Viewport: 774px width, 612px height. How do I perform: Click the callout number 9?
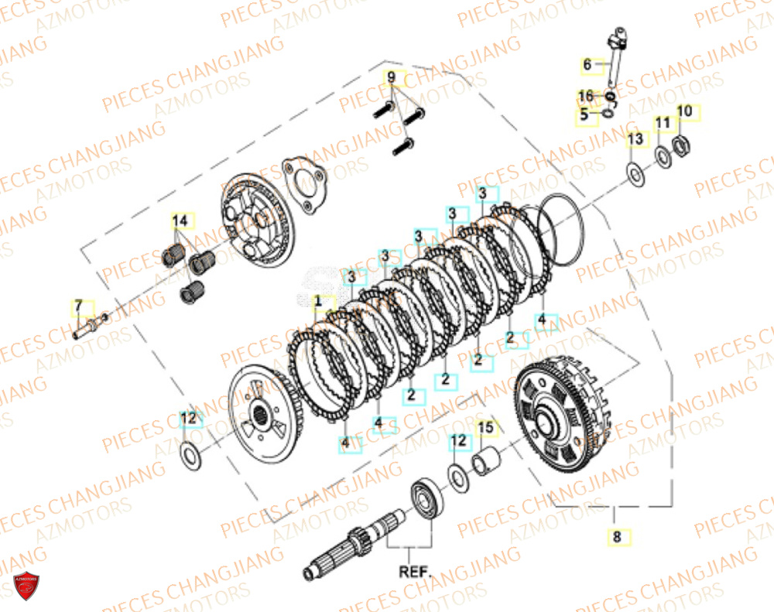click(x=392, y=77)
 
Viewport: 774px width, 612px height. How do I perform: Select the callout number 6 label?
click(x=587, y=66)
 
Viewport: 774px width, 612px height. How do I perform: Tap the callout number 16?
click(x=587, y=96)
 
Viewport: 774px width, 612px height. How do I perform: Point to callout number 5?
click(x=586, y=115)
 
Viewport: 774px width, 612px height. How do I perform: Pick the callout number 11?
click(x=663, y=124)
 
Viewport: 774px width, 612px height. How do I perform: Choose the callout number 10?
click(x=684, y=112)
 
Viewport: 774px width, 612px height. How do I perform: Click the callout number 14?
click(x=180, y=222)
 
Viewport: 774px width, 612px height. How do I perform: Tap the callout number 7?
click(x=78, y=308)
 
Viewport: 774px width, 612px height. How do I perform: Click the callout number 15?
click(x=485, y=427)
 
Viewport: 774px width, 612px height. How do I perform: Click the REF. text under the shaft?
click(x=415, y=573)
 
